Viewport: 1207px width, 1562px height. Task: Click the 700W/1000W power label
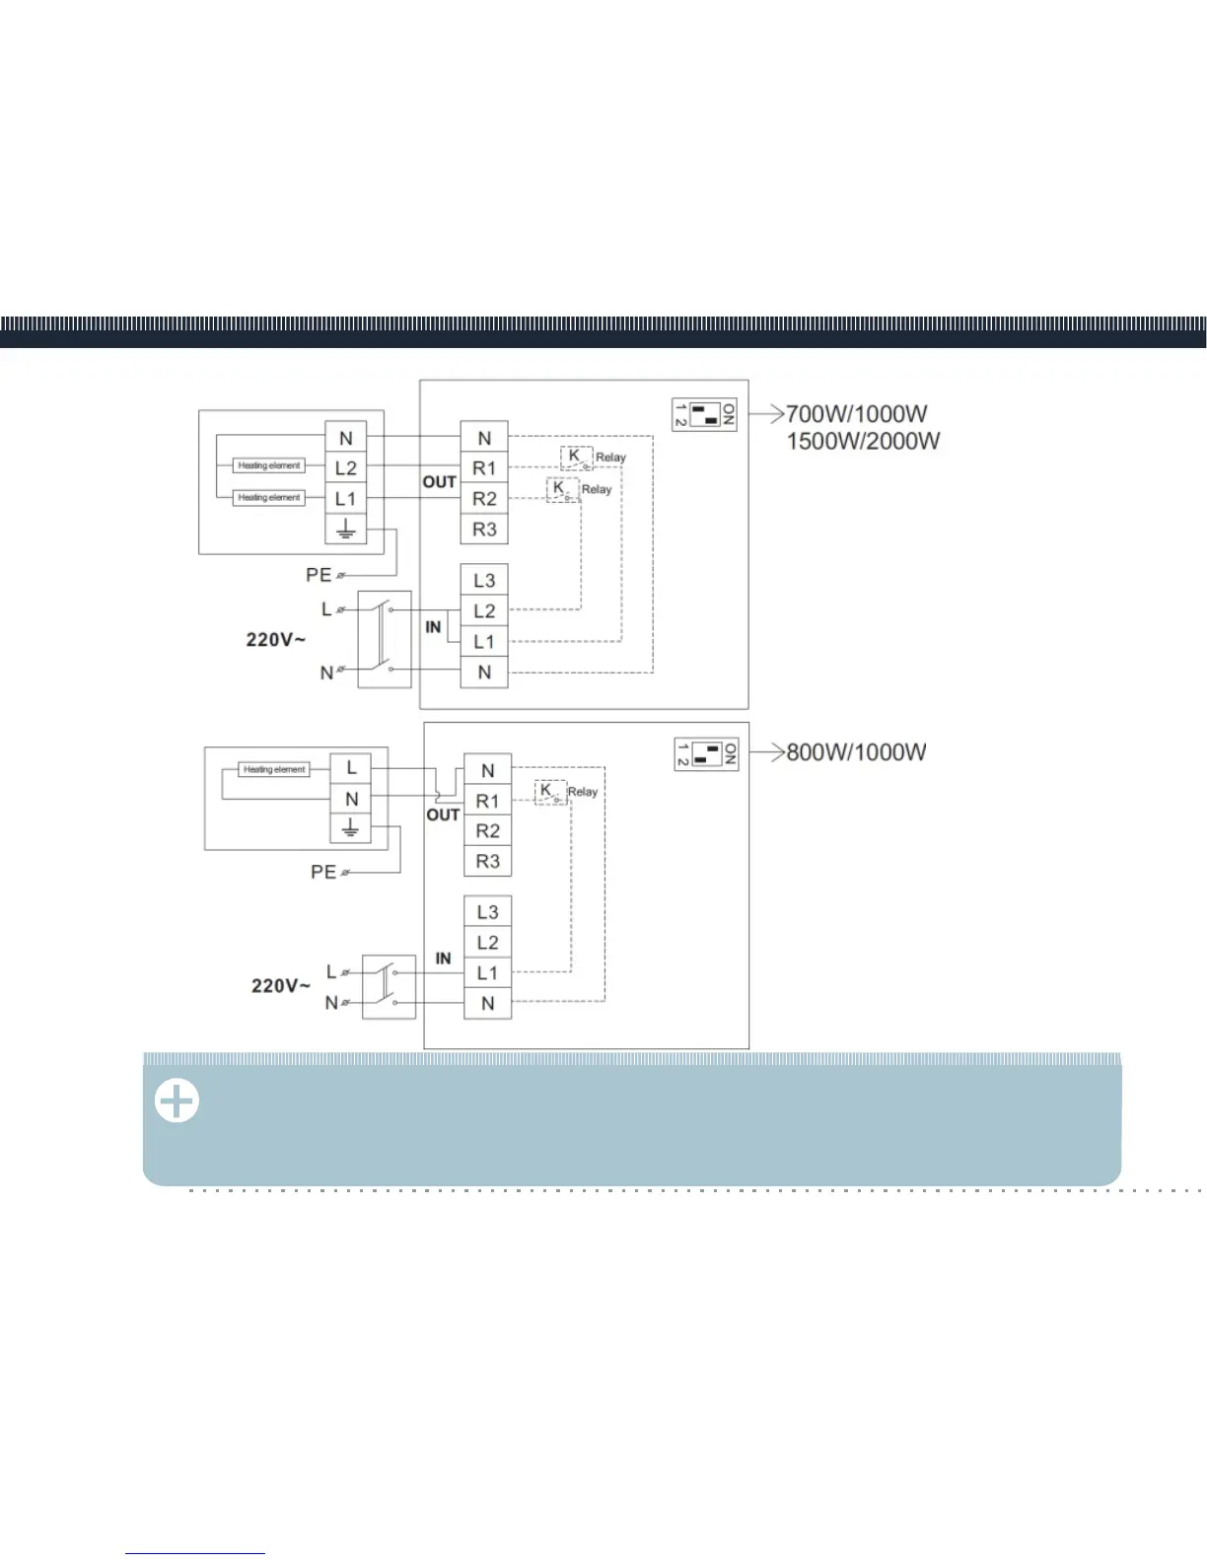[x=856, y=414]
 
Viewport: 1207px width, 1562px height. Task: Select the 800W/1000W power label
[x=856, y=752]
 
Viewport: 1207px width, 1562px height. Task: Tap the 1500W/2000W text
[x=863, y=441]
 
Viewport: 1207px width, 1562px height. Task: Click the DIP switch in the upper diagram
[x=704, y=414]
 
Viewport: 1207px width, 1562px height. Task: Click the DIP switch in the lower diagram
[x=706, y=754]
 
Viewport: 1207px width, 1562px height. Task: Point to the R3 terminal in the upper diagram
[x=484, y=530]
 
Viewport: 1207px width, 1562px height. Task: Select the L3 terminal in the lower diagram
[x=487, y=912]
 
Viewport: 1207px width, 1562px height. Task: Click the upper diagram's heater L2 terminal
[x=345, y=468]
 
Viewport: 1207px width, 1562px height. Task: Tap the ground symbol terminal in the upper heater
[x=345, y=530]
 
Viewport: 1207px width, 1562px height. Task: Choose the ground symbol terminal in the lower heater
[x=350, y=828]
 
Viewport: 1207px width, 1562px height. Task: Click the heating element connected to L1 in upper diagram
[x=269, y=498]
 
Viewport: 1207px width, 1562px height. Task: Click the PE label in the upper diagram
[x=319, y=575]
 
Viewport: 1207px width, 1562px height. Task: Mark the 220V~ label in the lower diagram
[x=280, y=985]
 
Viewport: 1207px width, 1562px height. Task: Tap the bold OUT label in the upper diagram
[x=440, y=482]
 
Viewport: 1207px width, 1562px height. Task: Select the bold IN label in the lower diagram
[x=443, y=958]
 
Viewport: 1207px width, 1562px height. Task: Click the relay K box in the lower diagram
[x=550, y=792]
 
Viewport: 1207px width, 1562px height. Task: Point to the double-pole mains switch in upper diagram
[x=384, y=640]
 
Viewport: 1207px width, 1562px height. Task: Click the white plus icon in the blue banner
[x=177, y=1101]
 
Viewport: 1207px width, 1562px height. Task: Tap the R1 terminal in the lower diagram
[x=487, y=801]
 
